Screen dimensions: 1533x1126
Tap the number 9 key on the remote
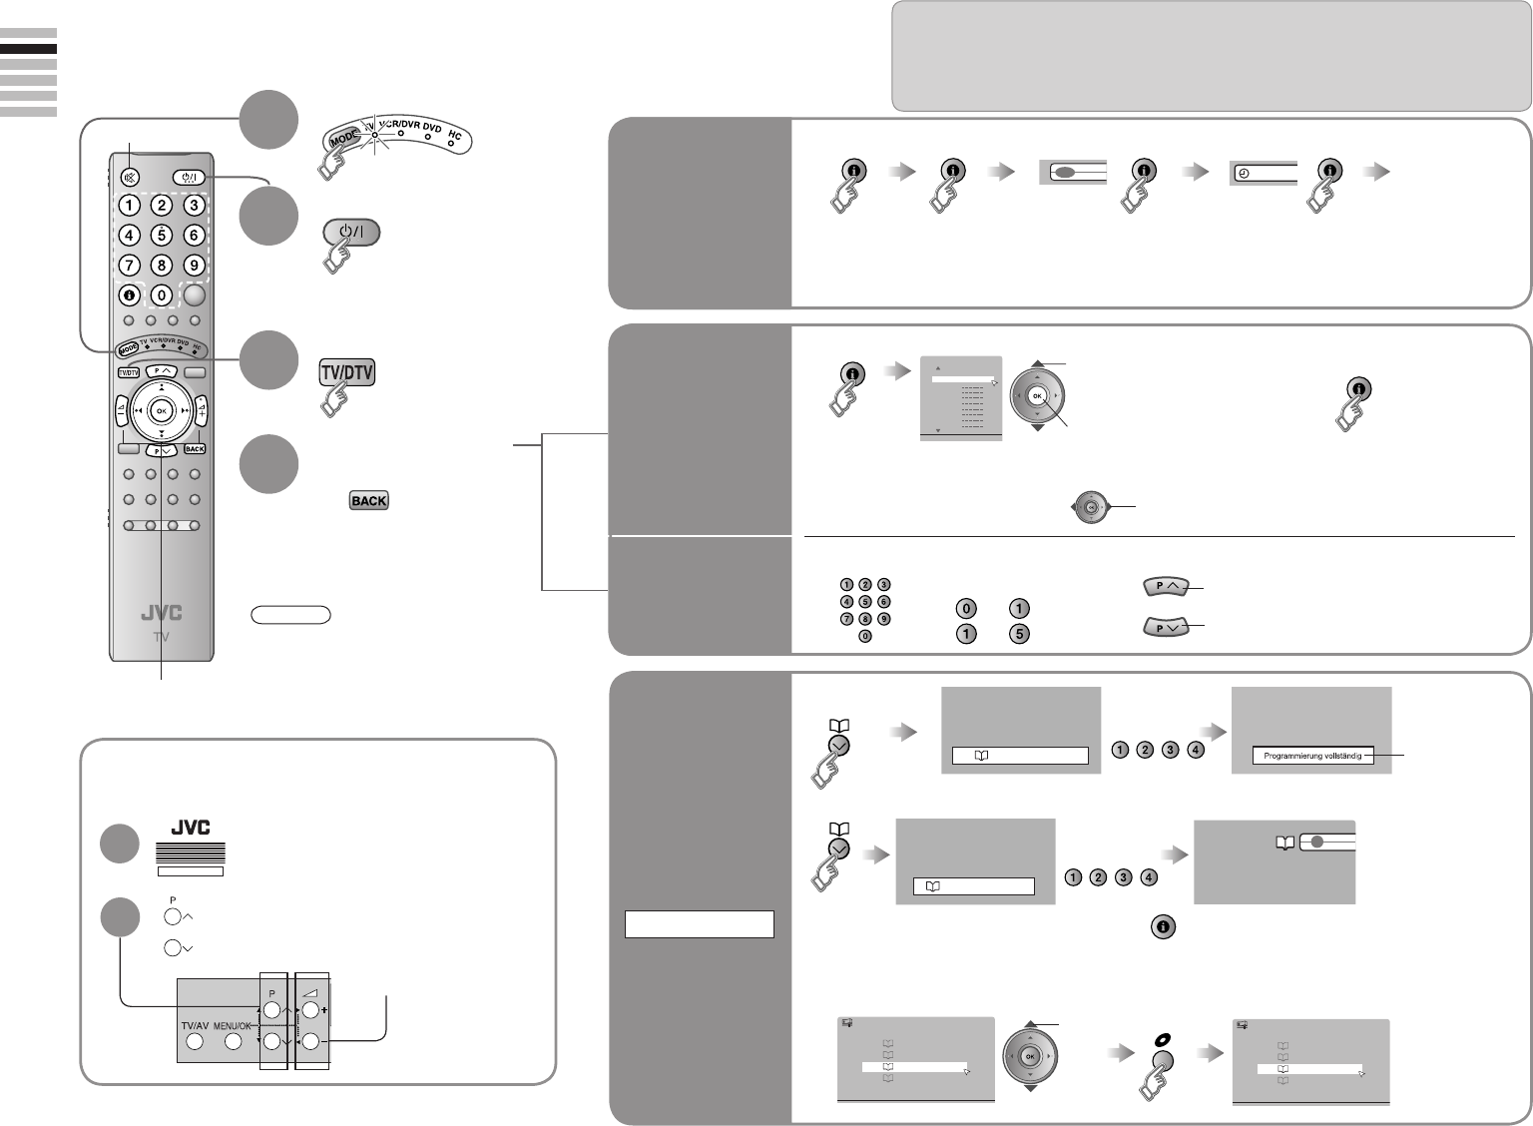(x=194, y=266)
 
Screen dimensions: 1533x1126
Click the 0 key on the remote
(x=162, y=295)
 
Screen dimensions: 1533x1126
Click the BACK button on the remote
(x=194, y=449)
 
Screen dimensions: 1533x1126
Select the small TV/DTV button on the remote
(x=128, y=373)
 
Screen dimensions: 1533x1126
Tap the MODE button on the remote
(x=128, y=348)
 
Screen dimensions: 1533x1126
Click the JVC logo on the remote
(x=161, y=614)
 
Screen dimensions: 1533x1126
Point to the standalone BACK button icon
(x=368, y=501)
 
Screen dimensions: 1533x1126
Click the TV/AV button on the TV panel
(x=194, y=1042)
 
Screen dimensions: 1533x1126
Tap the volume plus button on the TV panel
(x=310, y=1010)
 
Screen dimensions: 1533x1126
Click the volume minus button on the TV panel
(x=310, y=1042)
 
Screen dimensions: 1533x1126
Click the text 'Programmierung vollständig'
(x=1312, y=757)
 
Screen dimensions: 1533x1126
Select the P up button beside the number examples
(x=1165, y=587)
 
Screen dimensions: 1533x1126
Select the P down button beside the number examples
(x=1165, y=627)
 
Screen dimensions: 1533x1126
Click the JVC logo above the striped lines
(x=190, y=828)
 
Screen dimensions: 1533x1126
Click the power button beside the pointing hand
(x=350, y=232)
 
